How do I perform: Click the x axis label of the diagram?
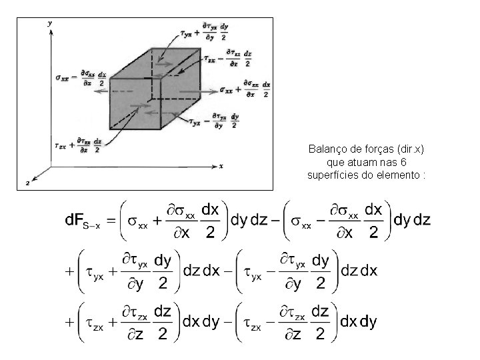pyautogui.click(x=221, y=165)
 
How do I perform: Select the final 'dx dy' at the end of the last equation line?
pyautogui.click(x=358, y=322)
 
